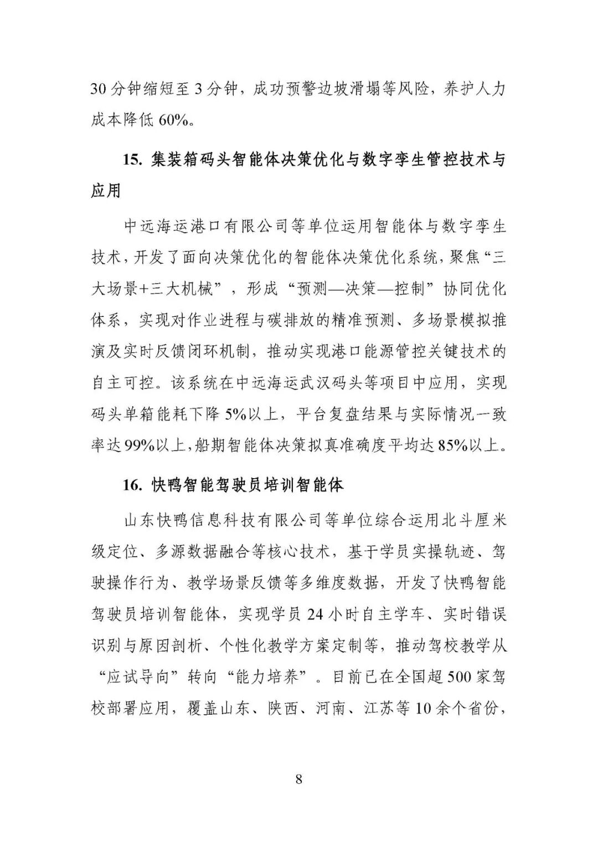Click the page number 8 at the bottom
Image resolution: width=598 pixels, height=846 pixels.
click(x=299, y=779)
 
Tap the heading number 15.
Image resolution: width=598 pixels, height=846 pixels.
click(x=133, y=160)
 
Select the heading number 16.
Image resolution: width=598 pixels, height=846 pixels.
click(x=133, y=485)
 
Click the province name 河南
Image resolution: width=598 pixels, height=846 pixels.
click(x=332, y=709)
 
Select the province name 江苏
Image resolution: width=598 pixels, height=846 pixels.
click(x=380, y=709)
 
